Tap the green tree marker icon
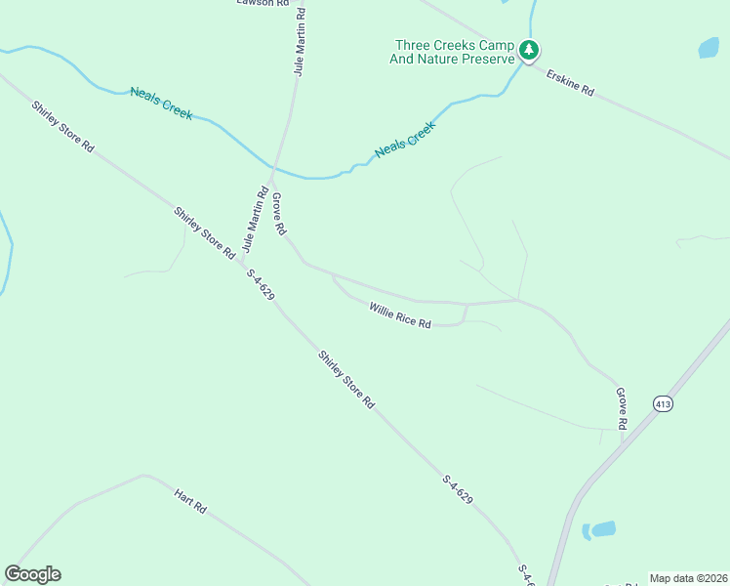(529, 50)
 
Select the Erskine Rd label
(570, 81)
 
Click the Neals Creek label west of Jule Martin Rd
(161, 104)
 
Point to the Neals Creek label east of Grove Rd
(405, 141)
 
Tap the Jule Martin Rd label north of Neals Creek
(300, 43)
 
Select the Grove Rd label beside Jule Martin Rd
(278, 214)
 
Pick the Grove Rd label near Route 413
(621, 408)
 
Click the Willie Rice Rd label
(400, 315)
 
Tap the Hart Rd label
(191, 502)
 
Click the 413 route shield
(664, 403)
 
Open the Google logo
(32, 574)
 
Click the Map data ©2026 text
(688, 578)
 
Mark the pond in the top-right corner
(709, 47)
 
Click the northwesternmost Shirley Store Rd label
(61, 126)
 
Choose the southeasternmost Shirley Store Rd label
(346, 379)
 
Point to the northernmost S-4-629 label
(261, 284)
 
